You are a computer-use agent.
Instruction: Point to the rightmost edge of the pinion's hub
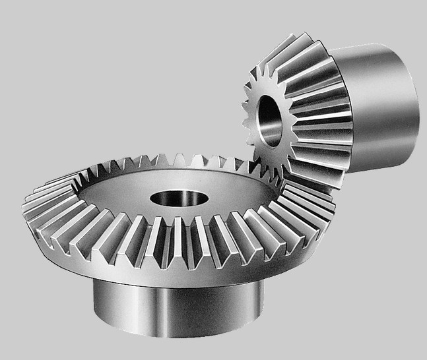(x=418, y=105)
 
